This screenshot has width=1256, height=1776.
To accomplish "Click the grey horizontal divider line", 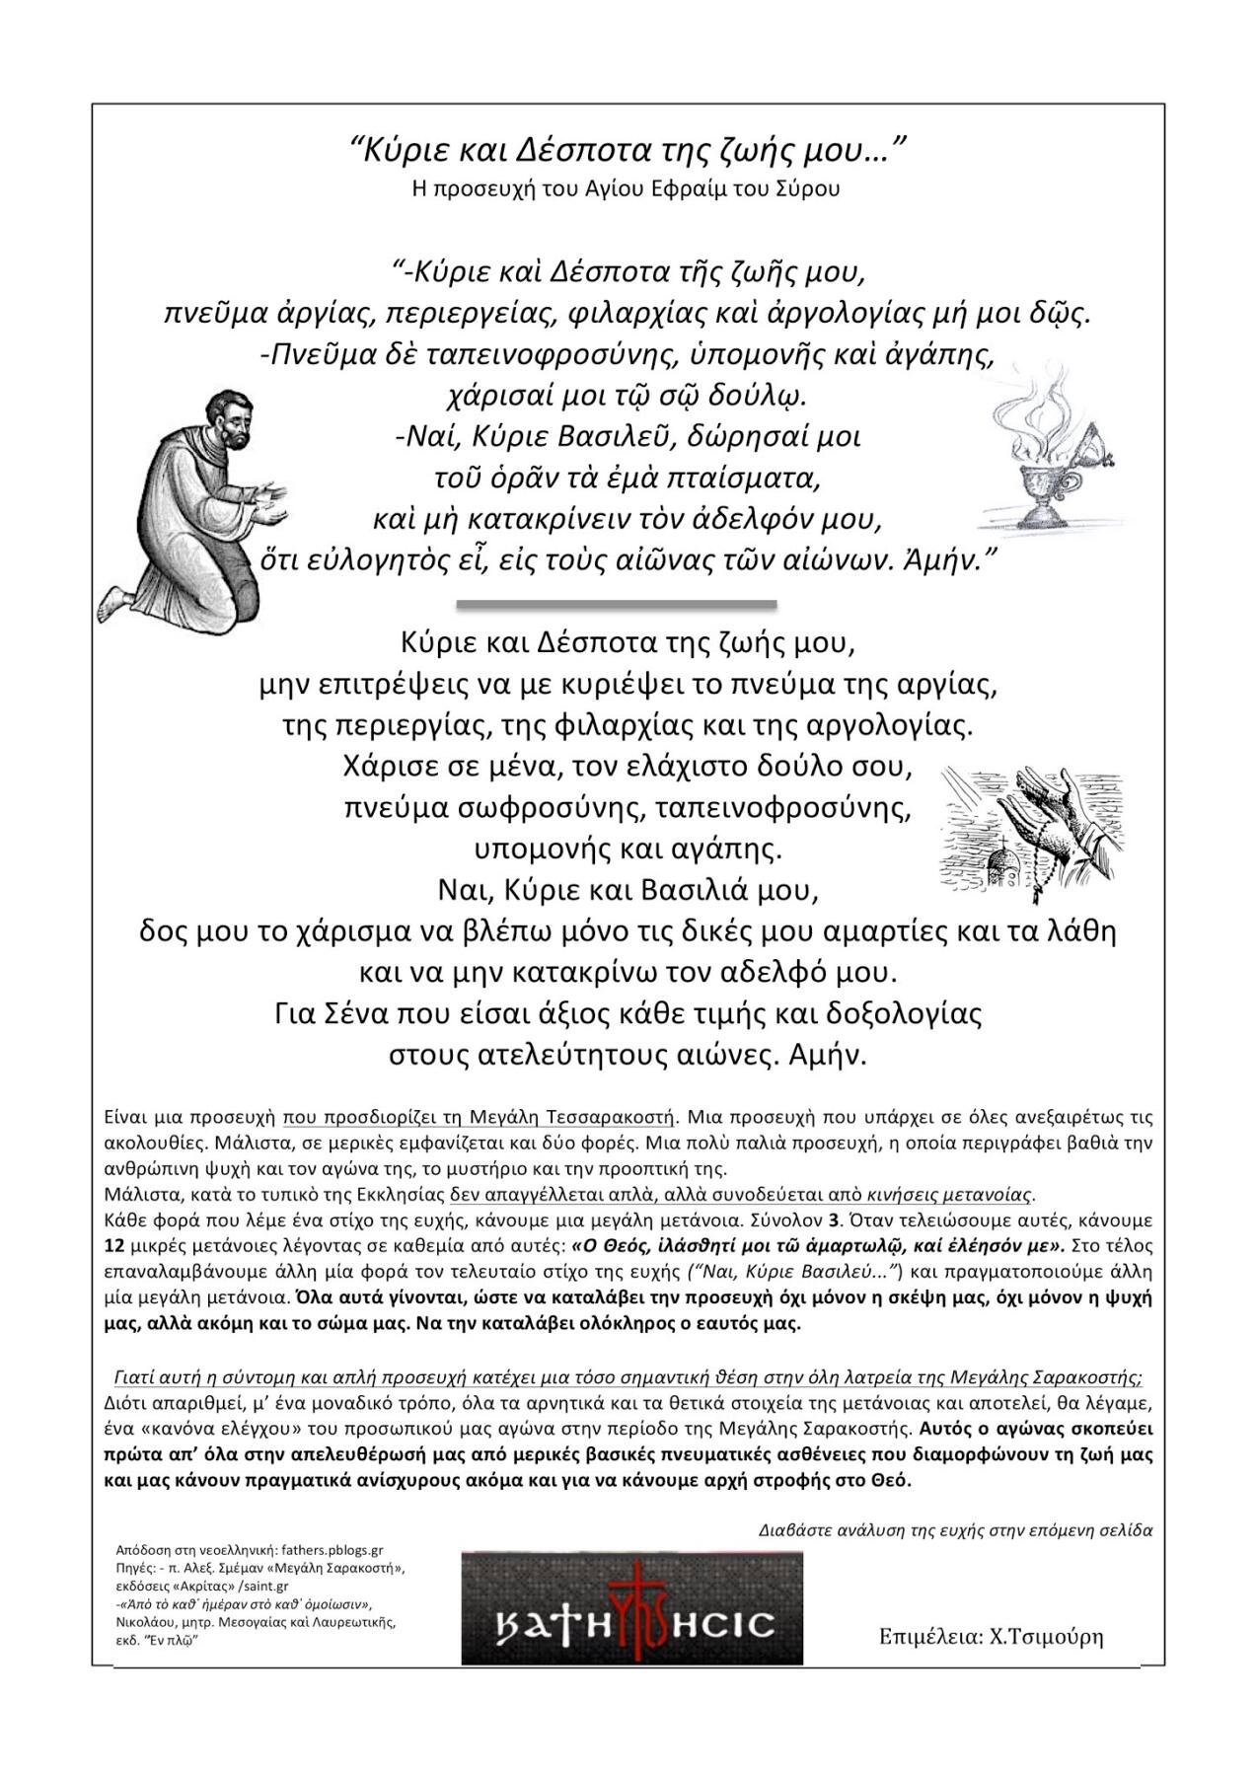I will [616, 603].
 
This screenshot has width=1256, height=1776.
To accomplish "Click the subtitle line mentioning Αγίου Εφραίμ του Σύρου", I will [626, 188].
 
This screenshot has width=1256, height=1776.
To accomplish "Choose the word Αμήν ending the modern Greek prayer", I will [828, 1055].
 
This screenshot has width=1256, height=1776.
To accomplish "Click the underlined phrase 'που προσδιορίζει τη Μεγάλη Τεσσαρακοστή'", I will [479, 1118].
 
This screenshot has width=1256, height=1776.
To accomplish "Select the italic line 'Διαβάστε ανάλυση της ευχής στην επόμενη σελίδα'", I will [955, 1530].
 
